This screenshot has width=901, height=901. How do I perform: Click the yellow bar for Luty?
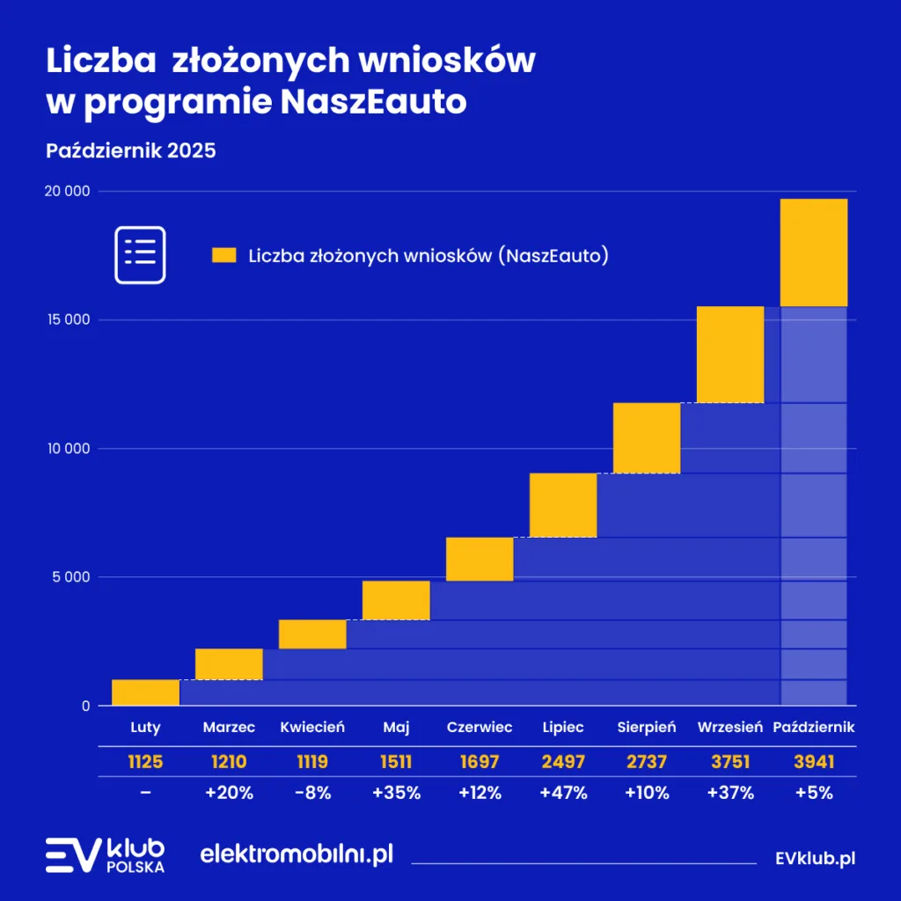click(x=145, y=692)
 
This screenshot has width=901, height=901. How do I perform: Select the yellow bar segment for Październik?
click(x=813, y=253)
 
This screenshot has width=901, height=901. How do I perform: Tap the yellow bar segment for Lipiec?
click(x=563, y=505)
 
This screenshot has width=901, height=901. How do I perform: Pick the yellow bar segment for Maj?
click(x=396, y=600)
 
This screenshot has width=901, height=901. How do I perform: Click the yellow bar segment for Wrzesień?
click(x=729, y=354)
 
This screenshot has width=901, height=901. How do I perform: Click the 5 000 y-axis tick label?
click(x=70, y=577)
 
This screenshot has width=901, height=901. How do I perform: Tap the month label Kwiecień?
click(x=312, y=728)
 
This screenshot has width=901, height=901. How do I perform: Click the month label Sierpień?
click(x=647, y=728)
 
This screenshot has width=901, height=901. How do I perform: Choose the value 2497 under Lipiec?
click(x=563, y=761)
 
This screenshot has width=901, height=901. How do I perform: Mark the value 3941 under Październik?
click(x=813, y=761)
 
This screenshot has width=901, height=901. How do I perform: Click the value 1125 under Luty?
click(x=145, y=761)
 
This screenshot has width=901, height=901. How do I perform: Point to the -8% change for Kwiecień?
click(x=312, y=793)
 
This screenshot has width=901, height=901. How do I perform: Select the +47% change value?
click(x=563, y=793)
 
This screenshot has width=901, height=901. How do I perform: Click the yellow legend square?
click(x=224, y=256)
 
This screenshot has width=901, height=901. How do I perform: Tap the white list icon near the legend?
click(x=140, y=254)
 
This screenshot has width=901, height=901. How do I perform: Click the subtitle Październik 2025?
click(x=130, y=150)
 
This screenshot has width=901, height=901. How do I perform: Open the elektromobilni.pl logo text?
click(x=297, y=853)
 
